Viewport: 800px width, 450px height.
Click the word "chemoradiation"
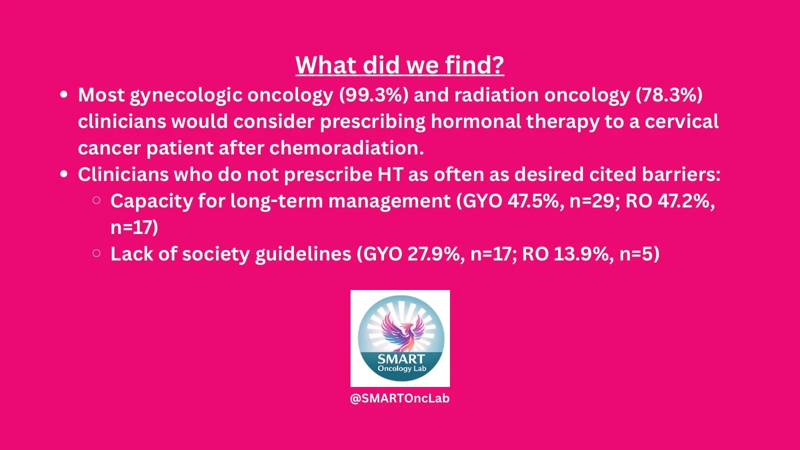346,148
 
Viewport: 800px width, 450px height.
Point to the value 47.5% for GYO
533,201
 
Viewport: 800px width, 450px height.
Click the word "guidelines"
303,254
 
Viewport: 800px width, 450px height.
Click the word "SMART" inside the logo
401,359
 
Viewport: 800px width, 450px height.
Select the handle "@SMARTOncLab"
399,398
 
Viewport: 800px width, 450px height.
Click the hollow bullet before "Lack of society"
96,253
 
